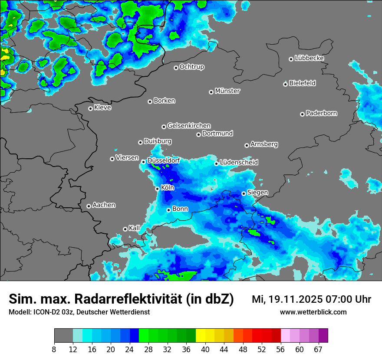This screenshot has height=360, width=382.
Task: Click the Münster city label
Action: (227, 91)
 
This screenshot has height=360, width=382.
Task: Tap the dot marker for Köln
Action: (158, 189)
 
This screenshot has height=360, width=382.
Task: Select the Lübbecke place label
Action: (310, 58)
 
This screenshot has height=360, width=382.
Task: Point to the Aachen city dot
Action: (89, 206)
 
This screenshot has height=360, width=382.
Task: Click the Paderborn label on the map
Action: (322, 113)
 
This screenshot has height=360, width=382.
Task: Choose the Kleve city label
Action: (103, 108)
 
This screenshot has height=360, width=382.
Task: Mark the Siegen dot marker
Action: (244, 193)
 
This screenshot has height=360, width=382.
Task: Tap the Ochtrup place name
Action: (192, 67)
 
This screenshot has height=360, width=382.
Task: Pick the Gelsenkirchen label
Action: (189, 126)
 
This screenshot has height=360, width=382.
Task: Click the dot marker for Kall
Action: (125, 229)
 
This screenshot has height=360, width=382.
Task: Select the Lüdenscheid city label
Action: (239, 162)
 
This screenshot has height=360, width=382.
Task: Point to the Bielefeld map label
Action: (303, 83)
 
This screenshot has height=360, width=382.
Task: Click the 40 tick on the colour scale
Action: (205, 350)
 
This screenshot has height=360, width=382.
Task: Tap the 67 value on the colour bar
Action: (318, 350)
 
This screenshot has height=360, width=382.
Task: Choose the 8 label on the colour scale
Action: (54, 350)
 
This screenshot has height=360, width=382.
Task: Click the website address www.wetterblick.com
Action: (313, 312)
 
